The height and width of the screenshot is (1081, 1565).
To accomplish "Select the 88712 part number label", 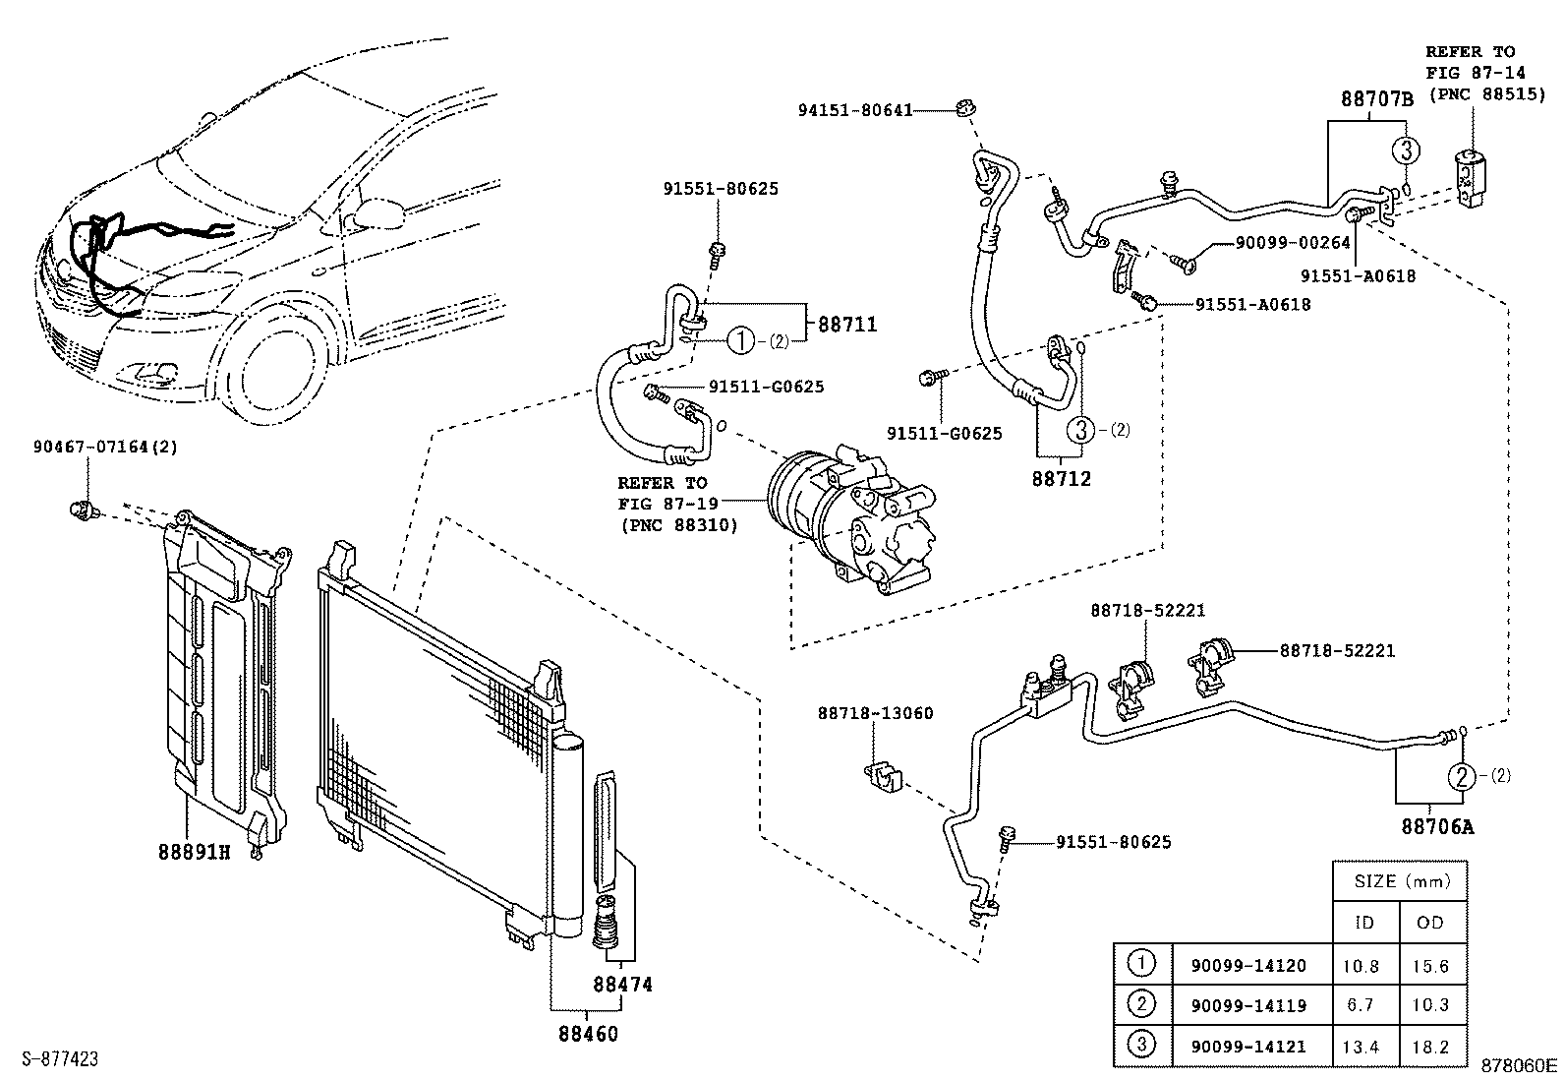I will [x=1061, y=479].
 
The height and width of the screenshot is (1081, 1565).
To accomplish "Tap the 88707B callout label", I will [x=1376, y=98].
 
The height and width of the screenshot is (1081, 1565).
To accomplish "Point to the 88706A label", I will [x=1437, y=827].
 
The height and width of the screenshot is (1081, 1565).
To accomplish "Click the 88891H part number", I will [x=194, y=852].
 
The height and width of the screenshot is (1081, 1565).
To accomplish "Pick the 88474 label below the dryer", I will [x=622, y=985].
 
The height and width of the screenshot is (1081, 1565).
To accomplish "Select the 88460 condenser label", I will [x=588, y=1034].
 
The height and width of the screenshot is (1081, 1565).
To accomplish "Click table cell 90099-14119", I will [x=1247, y=1005].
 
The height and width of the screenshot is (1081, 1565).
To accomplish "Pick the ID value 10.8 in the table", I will [x=1361, y=967].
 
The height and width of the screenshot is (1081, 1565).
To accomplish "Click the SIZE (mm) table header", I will [x=1401, y=881].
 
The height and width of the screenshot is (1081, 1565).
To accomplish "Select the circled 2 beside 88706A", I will [x=1462, y=776].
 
